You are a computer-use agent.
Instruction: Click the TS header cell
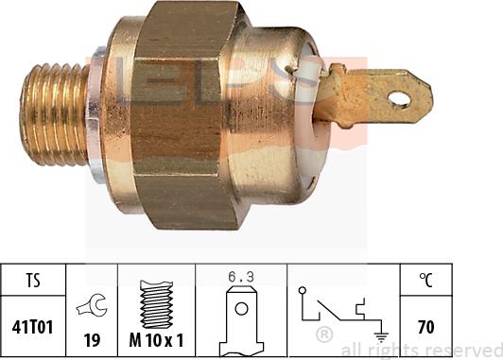[x=32, y=280]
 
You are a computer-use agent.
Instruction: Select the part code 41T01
[x=32, y=328]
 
